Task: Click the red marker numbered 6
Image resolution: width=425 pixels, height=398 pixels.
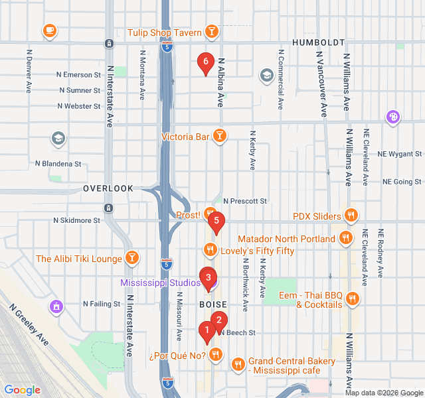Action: coord(206,63)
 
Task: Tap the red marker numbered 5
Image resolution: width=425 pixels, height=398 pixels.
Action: coord(216,223)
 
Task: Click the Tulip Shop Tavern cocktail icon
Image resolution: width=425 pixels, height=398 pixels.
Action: coord(211,32)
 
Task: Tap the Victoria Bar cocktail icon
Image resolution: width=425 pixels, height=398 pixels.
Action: coord(220,137)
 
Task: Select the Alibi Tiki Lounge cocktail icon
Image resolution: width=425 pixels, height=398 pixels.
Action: coord(133,258)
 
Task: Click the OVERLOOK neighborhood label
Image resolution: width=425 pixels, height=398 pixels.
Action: coord(108,188)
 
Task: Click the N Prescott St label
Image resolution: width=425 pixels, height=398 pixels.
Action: coord(244,200)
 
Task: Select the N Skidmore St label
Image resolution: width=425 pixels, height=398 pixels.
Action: coord(77,220)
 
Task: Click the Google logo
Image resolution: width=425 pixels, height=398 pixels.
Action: coord(22,390)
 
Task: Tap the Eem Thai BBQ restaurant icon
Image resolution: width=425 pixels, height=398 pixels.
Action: coord(352,299)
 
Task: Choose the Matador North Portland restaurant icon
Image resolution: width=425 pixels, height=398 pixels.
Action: coord(345,238)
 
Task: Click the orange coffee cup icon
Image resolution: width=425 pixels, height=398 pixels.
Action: coord(49,31)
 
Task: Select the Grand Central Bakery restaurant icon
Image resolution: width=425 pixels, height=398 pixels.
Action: coord(238,365)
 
